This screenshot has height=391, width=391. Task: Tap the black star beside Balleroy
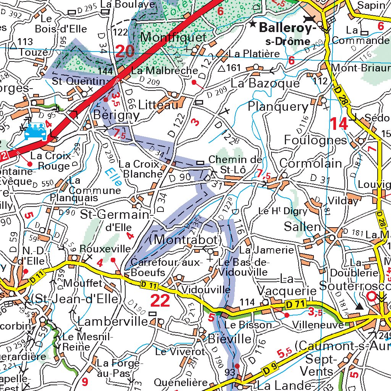253,24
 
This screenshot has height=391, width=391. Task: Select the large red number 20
125,51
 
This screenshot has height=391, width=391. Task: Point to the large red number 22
160,301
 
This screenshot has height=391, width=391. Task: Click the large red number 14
339,124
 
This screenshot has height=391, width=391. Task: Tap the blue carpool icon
35,131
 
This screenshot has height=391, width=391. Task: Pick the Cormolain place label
310,163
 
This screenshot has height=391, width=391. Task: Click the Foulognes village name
315,140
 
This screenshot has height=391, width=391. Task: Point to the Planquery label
278,107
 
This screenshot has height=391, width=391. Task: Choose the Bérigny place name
111,115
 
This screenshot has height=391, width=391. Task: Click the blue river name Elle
114,177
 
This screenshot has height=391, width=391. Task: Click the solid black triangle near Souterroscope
359,306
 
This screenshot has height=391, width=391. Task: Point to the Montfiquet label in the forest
174,37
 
